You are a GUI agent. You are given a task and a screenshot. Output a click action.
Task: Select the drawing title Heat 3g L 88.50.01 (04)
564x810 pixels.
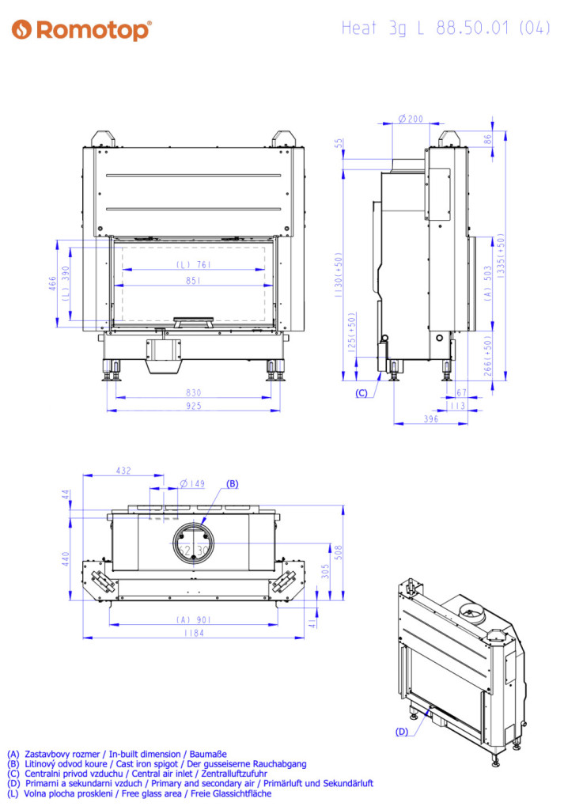[x=445, y=28]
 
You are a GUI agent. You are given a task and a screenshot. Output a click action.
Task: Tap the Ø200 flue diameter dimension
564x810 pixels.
[x=411, y=119]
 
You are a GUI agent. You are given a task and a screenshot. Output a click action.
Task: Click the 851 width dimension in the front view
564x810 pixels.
[x=193, y=281]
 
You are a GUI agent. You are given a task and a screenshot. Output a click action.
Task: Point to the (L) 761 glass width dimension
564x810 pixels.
[x=194, y=264]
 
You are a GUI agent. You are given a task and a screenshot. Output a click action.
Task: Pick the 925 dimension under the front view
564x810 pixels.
[x=194, y=406]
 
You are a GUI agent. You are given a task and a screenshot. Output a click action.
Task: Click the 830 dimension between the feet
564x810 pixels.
[x=194, y=392]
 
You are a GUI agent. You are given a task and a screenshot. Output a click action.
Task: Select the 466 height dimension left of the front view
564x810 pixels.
[x=52, y=284]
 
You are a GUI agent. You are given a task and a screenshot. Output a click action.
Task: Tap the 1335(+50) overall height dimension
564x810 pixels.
[x=500, y=256]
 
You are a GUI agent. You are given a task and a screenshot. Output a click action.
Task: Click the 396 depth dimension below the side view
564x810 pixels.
[x=431, y=419]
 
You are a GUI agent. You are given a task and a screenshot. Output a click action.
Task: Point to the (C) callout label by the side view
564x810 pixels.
[x=361, y=393]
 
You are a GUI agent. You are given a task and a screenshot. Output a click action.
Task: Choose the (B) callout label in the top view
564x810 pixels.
[x=233, y=484]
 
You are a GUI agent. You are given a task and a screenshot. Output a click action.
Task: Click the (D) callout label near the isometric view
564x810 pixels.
[x=402, y=732]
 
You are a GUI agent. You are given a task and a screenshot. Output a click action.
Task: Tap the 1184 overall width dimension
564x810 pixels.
[x=194, y=633]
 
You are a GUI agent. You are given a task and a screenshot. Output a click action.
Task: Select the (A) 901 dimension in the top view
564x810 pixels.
[x=194, y=620]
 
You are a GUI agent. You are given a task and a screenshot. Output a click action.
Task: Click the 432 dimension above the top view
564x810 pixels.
[x=123, y=471]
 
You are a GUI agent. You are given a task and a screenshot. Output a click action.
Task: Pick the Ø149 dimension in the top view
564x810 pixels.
[x=192, y=484]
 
